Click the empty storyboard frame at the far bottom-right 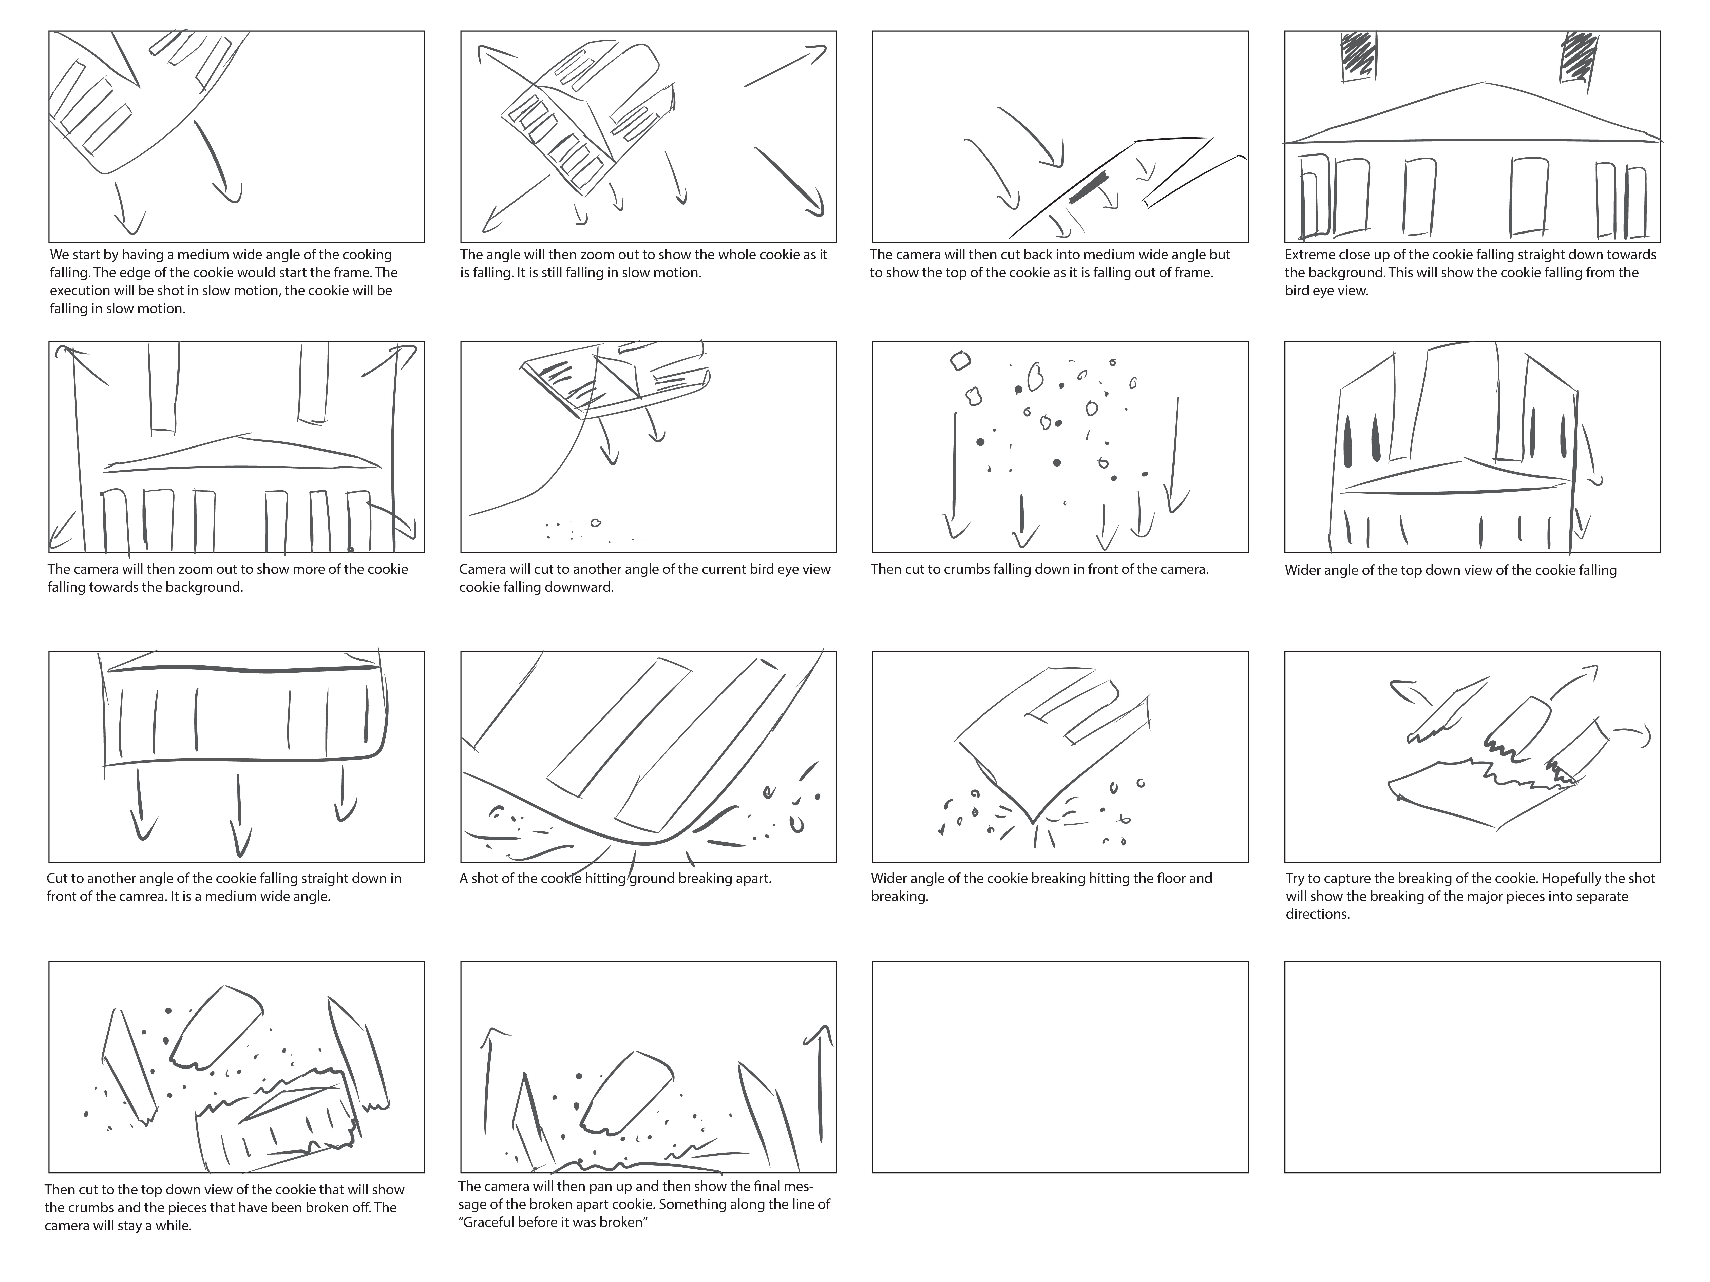(1472, 1067)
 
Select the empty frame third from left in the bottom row (1060, 1067)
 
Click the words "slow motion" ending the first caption (147, 308)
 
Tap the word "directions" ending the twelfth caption (1317, 914)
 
